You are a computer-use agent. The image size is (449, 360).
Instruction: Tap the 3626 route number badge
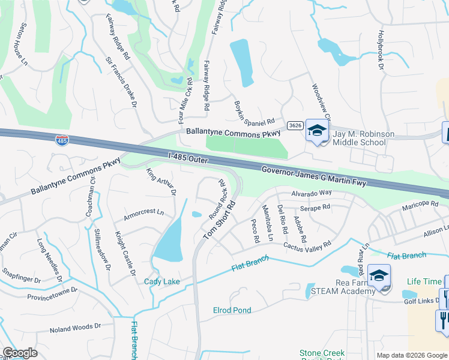click(294, 125)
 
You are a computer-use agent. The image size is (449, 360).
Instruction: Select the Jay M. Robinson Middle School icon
click(316, 129)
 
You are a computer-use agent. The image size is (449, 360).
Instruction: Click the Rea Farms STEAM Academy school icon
click(379, 275)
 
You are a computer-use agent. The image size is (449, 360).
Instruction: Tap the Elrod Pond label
click(232, 310)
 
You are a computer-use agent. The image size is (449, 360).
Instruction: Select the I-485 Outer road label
click(188, 157)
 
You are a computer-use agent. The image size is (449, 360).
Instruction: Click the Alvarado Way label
click(312, 193)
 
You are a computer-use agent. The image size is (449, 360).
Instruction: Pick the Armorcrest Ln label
click(143, 212)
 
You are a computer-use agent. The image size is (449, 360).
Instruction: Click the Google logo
click(20, 353)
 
